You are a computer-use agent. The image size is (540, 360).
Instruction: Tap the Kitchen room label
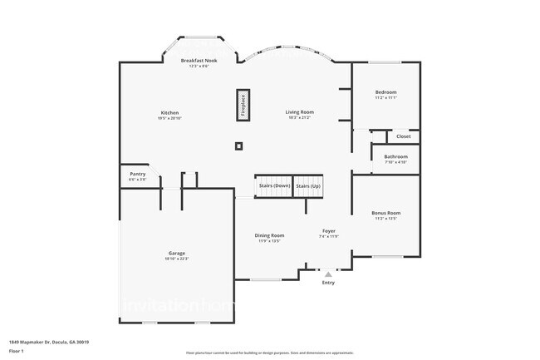(169, 113)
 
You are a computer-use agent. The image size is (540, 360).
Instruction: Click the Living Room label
(300, 112)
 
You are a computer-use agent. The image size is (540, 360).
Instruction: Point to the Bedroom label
(385, 92)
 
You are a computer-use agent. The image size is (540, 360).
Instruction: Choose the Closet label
(403, 136)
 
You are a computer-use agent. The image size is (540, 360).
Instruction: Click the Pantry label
(138, 174)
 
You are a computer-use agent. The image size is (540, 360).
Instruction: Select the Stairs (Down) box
(273, 186)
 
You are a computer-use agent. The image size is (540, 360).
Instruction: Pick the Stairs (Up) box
(308, 186)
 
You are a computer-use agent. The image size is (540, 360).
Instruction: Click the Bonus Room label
(385, 214)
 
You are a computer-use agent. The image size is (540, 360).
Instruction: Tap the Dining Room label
(269, 235)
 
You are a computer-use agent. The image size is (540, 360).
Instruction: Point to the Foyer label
(329, 231)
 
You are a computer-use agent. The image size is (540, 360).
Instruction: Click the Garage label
(177, 253)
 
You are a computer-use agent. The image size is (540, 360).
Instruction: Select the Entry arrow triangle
(328, 273)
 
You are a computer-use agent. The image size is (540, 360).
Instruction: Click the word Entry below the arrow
(328, 283)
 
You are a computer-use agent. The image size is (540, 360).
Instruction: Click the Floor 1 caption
(17, 351)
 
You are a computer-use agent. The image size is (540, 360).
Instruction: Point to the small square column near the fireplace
(238, 146)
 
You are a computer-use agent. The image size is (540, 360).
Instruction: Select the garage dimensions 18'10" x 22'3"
(177, 259)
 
